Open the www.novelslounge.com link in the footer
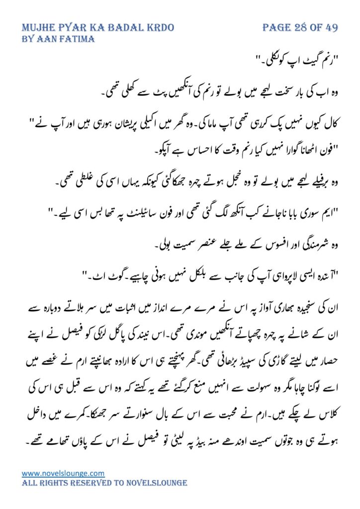point(63,473)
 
